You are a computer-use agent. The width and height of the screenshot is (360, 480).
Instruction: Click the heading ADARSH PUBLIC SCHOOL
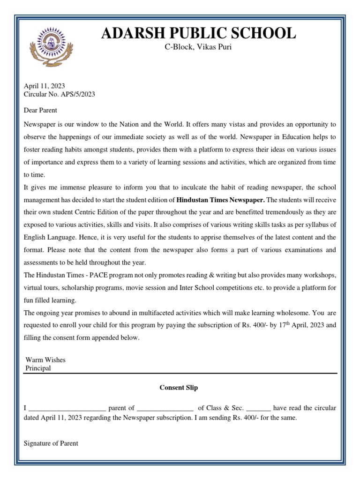point(199,33)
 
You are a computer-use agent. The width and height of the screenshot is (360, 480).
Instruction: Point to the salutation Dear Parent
point(40,111)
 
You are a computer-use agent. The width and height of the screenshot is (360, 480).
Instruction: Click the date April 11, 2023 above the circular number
point(45,86)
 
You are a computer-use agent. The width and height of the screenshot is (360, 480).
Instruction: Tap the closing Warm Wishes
point(45,360)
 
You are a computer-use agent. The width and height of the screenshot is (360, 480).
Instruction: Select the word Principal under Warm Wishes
point(38,368)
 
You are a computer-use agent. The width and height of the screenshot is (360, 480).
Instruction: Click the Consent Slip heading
point(179,388)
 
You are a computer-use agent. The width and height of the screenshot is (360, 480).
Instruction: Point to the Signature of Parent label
point(51,443)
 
